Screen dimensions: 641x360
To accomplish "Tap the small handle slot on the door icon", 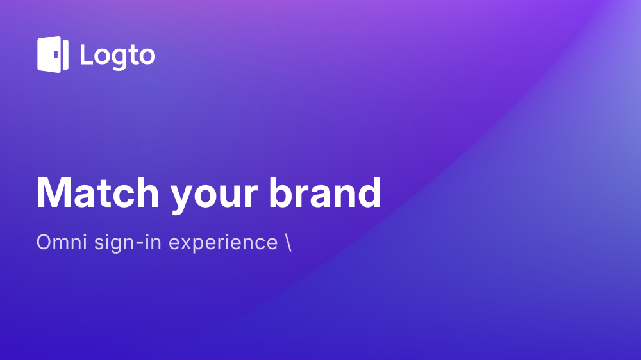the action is click(x=56, y=54).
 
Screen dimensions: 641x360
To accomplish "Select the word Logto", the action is click(x=118, y=56).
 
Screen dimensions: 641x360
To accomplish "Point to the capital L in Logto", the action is click(x=87, y=54).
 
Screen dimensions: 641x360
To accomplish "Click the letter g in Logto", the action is click(x=119, y=59).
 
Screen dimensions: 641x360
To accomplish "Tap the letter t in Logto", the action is click(x=133, y=54).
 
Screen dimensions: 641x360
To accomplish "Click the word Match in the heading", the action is click(x=97, y=193).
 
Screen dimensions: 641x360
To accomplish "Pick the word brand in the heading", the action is click(x=325, y=192).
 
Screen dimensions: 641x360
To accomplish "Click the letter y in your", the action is click(x=183, y=200).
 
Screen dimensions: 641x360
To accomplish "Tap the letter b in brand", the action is click(x=281, y=192).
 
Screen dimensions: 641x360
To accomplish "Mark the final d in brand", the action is click(x=369, y=192).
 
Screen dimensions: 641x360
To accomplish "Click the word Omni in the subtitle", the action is click(x=62, y=242).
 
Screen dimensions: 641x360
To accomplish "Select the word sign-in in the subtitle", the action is click(x=128, y=243).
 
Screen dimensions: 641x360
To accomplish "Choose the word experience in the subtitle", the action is click(x=223, y=243).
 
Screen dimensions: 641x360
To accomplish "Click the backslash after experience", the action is click(x=288, y=242).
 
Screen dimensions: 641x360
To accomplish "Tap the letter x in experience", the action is click(x=186, y=244).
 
